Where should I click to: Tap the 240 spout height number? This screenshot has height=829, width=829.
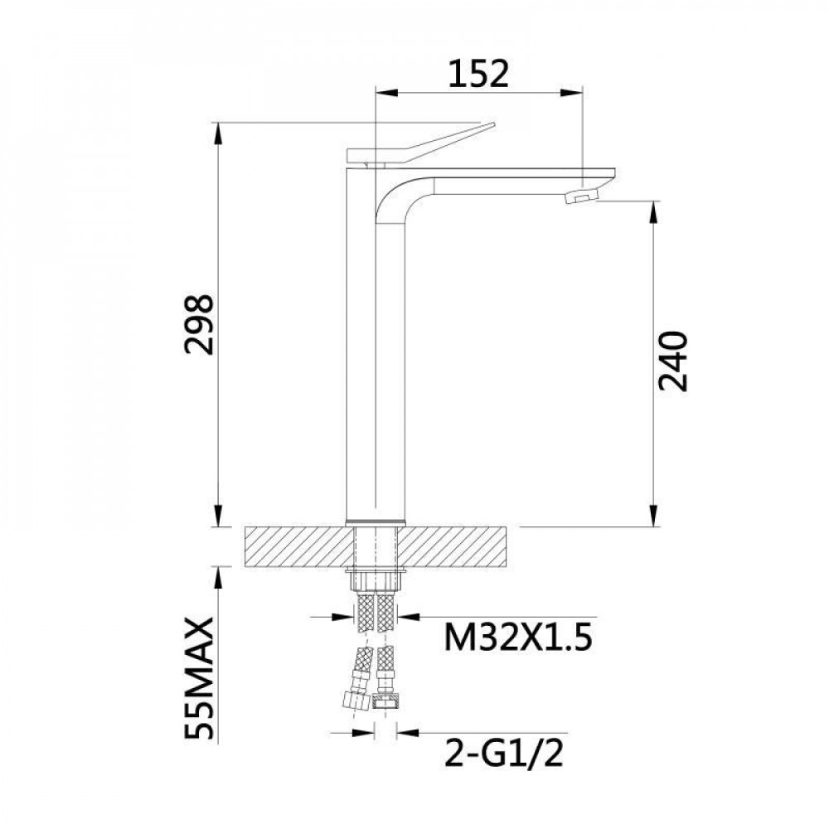coord(673,361)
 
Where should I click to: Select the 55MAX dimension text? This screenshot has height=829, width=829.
coord(204,677)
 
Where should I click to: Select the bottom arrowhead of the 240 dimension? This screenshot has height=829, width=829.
coord(654,518)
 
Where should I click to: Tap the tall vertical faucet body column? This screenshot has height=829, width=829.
coord(359,348)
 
